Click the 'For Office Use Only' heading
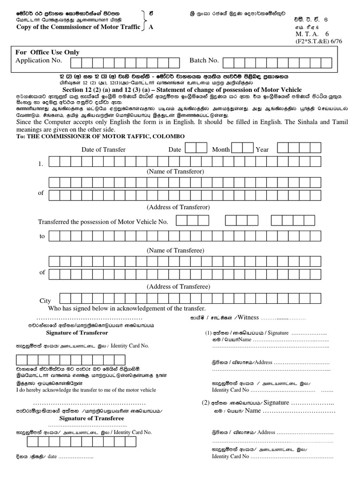[47, 52]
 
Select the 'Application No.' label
[39, 60]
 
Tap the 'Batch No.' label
[204, 60]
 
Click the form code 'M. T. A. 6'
[312, 34]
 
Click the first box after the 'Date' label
[190, 148]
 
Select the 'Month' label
[221, 150]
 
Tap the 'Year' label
[262, 150]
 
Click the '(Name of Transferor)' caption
[175, 172]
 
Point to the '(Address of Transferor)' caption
[178, 207]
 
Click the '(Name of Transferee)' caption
[175, 251]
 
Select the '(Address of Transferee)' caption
[178, 286]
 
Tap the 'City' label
[45, 301]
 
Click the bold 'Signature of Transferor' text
[77, 333]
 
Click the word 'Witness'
[248, 317]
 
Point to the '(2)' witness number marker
[205, 403]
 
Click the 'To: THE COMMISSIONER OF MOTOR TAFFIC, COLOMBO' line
[100, 136]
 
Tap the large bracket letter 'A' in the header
[150, 27]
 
